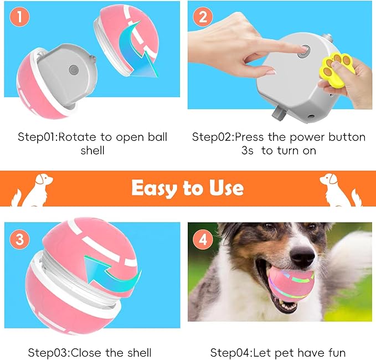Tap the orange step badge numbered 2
pyautogui.click(x=203, y=17)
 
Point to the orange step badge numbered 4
pyautogui.click(x=203, y=240)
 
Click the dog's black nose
pyautogui.click(x=302, y=255)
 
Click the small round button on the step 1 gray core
pyautogui.click(x=74, y=70)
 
